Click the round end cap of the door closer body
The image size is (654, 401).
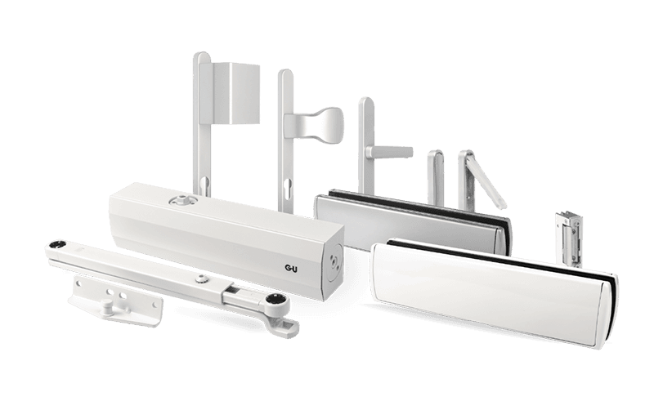335,262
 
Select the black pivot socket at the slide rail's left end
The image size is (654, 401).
55,246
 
